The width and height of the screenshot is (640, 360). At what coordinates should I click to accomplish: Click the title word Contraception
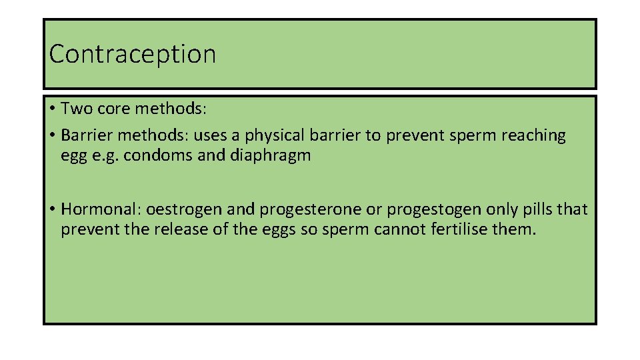coord(133,54)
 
